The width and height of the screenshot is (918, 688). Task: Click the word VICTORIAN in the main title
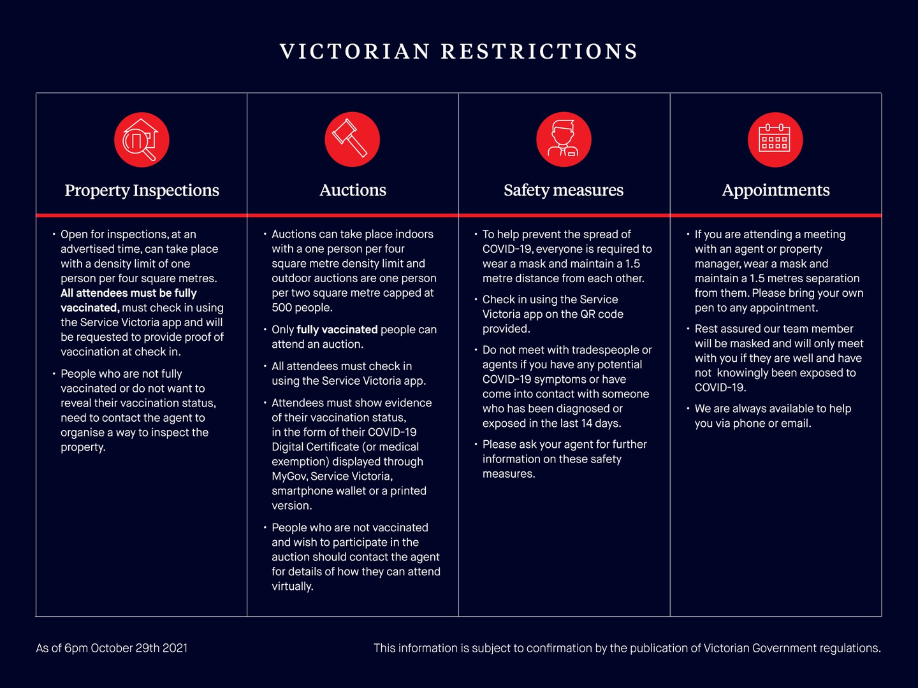(354, 52)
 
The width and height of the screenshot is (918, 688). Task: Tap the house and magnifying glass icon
(142, 140)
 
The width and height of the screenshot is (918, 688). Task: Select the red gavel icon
(352, 140)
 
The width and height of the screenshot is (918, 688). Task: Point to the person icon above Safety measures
(564, 140)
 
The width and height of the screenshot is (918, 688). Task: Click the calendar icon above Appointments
(775, 140)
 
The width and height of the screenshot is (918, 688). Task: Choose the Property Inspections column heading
(142, 190)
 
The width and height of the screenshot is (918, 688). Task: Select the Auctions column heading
(353, 190)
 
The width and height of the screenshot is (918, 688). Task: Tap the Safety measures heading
(564, 190)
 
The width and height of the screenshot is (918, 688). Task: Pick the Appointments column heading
(775, 190)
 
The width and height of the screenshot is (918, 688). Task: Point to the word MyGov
(289, 477)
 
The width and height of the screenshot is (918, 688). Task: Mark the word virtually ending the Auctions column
(292, 586)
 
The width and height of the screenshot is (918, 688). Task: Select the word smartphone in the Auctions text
(301, 491)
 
